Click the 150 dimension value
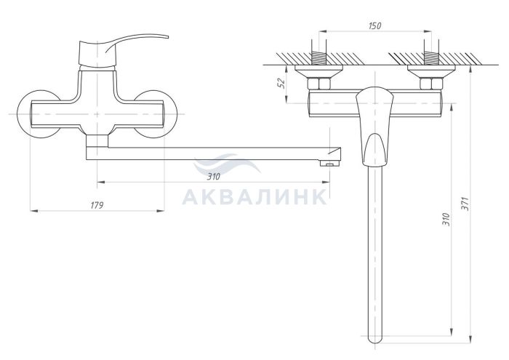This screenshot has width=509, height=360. pyautogui.click(x=374, y=25)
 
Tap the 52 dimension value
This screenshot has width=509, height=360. pyautogui.click(x=282, y=83)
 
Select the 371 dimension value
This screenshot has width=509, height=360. pyautogui.click(x=465, y=204)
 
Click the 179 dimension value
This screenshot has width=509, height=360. pyautogui.click(x=97, y=205)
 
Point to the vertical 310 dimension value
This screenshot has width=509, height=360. pyautogui.click(x=446, y=220)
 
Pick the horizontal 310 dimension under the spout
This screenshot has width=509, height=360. pyautogui.click(x=214, y=177)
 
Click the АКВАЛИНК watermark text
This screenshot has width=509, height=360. pyautogui.click(x=254, y=196)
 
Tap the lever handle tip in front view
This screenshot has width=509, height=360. pyautogui.click(x=167, y=36)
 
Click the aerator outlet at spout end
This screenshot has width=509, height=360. pyautogui.click(x=329, y=164)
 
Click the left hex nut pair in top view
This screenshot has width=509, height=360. pyautogui.click(x=318, y=84)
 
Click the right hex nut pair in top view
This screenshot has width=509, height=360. pyautogui.click(x=431, y=84)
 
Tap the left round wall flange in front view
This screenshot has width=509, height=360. pyautogui.click(x=39, y=114)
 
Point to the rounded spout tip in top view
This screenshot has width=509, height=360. pyautogui.click(x=375, y=337)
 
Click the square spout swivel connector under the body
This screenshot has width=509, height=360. pyautogui.click(x=97, y=141)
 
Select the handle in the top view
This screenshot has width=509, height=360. pyautogui.click(x=374, y=127)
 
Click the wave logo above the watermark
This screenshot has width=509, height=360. pyautogui.click(x=227, y=164)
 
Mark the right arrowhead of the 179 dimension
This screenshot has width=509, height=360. pyautogui.click(x=161, y=211)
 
